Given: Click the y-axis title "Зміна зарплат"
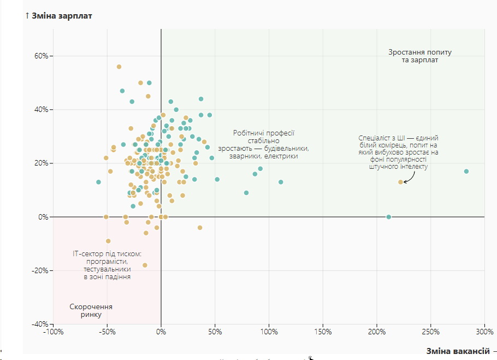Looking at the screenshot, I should click(62, 15).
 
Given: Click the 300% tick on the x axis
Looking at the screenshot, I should click(484, 332).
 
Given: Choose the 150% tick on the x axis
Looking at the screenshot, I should click(323, 332).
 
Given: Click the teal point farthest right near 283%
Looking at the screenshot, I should click(466, 172).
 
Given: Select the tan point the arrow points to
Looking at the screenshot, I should click(400, 182).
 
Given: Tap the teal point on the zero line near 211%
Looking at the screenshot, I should click(389, 217).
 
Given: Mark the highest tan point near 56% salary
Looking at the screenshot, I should click(119, 67).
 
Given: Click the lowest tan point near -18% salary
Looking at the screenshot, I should click(145, 265).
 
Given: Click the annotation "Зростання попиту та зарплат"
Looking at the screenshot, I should click(420, 56).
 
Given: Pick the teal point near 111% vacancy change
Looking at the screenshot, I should click(281, 182).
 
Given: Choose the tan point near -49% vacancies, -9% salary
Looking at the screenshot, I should click(108, 241).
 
